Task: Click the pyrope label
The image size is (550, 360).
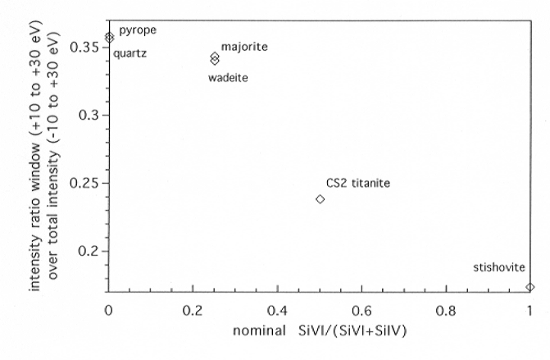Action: click(x=138, y=30)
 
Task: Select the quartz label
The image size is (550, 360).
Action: click(x=130, y=54)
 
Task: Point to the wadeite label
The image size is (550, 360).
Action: click(x=228, y=78)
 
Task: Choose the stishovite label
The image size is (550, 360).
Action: click(x=499, y=267)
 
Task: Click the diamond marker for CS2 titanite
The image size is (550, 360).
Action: click(x=320, y=199)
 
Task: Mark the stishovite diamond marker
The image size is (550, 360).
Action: click(x=530, y=287)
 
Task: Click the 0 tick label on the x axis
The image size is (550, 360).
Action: click(x=108, y=311)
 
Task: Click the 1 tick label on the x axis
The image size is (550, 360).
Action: click(x=530, y=311)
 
